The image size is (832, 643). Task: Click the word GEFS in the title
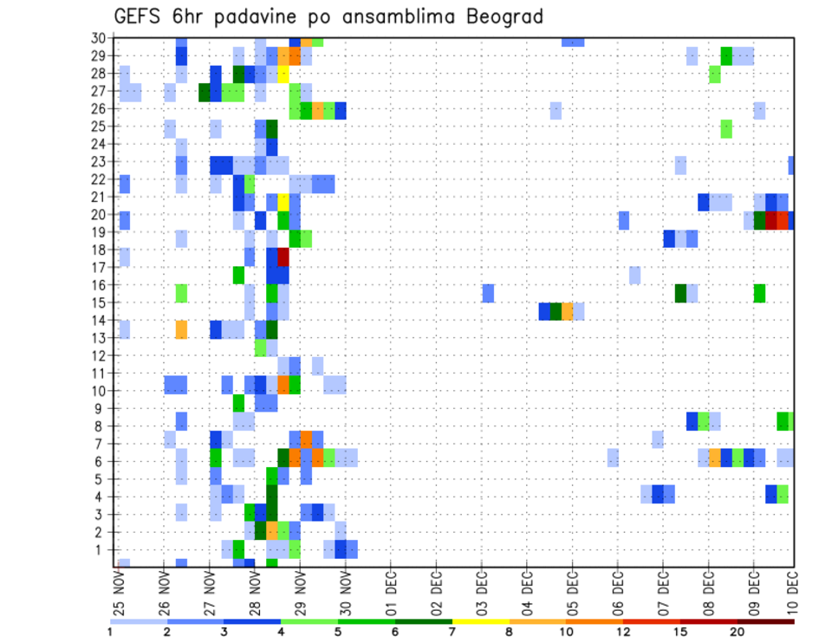tap(140, 16)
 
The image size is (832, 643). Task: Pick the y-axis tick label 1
tap(101, 549)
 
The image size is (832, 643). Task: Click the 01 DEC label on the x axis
tap(391, 592)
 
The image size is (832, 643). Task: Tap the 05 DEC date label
tap(572, 592)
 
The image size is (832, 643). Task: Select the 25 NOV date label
tap(119, 592)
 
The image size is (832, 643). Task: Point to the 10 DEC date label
tap(794, 592)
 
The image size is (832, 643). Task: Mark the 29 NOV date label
tap(300, 592)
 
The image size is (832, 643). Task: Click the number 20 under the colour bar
tap(738, 632)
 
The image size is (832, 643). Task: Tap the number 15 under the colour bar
tap(680, 632)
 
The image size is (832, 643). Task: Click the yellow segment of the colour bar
tap(481, 620)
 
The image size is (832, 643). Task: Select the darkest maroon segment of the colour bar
tap(765, 620)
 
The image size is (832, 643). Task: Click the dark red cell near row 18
tap(283, 257)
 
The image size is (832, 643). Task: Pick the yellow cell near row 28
tap(283, 73)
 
